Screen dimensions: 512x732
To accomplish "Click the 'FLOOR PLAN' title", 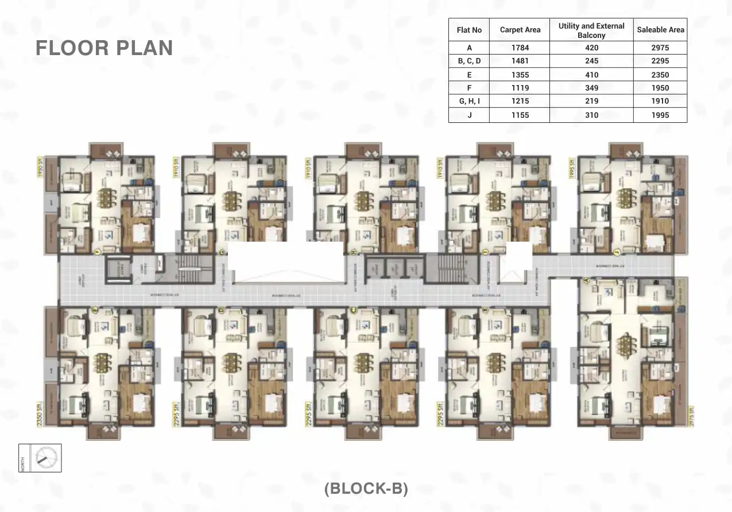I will (104, 48).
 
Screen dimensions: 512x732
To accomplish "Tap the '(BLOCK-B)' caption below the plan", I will (366, 488).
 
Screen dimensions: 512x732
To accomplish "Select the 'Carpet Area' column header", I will (520, 30).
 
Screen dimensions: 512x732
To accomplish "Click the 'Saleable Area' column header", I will (660, 30).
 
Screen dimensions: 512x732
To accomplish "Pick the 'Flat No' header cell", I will (469, 30).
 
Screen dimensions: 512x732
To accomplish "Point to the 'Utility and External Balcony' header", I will (591, 30).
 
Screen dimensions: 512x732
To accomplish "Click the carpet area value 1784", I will (520, 48).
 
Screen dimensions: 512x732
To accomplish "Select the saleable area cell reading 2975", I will (660, 48).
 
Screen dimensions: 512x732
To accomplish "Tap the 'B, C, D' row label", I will (469, 61).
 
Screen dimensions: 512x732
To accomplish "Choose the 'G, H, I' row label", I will (469, 101).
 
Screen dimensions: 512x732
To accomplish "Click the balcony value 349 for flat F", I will (591, 88).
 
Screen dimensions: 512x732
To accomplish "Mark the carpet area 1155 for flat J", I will (520, 115).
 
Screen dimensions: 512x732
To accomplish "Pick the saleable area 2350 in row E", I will (660, 75).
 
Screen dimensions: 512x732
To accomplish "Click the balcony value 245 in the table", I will (591, 61).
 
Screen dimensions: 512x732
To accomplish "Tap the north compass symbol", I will (46, 457).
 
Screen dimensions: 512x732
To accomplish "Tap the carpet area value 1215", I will (520, 101).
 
